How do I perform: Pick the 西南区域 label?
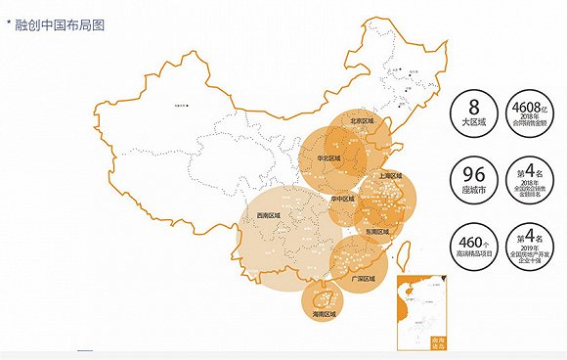click(x=266, y=214)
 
